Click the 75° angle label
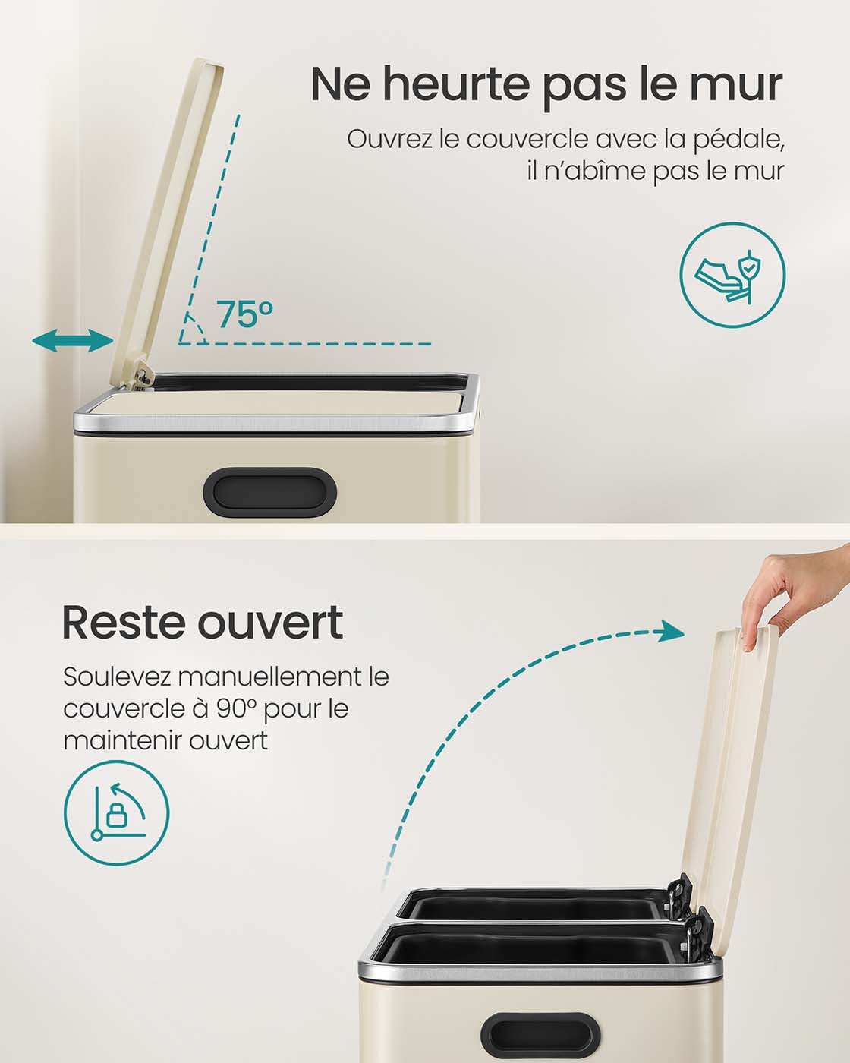tap(244, 314)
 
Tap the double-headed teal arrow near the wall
tap(73, 341)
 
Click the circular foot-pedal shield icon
tap(732, 275)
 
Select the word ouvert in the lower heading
tap(271, 624)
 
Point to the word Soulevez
tap(117, 677)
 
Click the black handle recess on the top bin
tap(269, 493)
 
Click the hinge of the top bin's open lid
tap(140, 377)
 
